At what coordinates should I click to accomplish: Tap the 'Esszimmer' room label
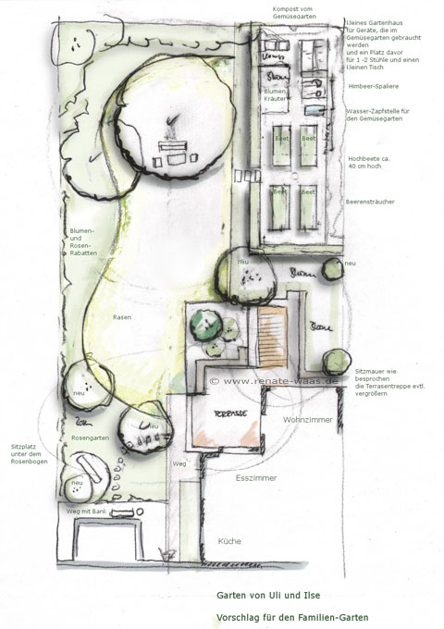[x=253, y=480]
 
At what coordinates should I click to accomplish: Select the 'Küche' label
[x=230, y=539]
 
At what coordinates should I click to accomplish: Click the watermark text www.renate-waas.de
[x=275, y=379]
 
